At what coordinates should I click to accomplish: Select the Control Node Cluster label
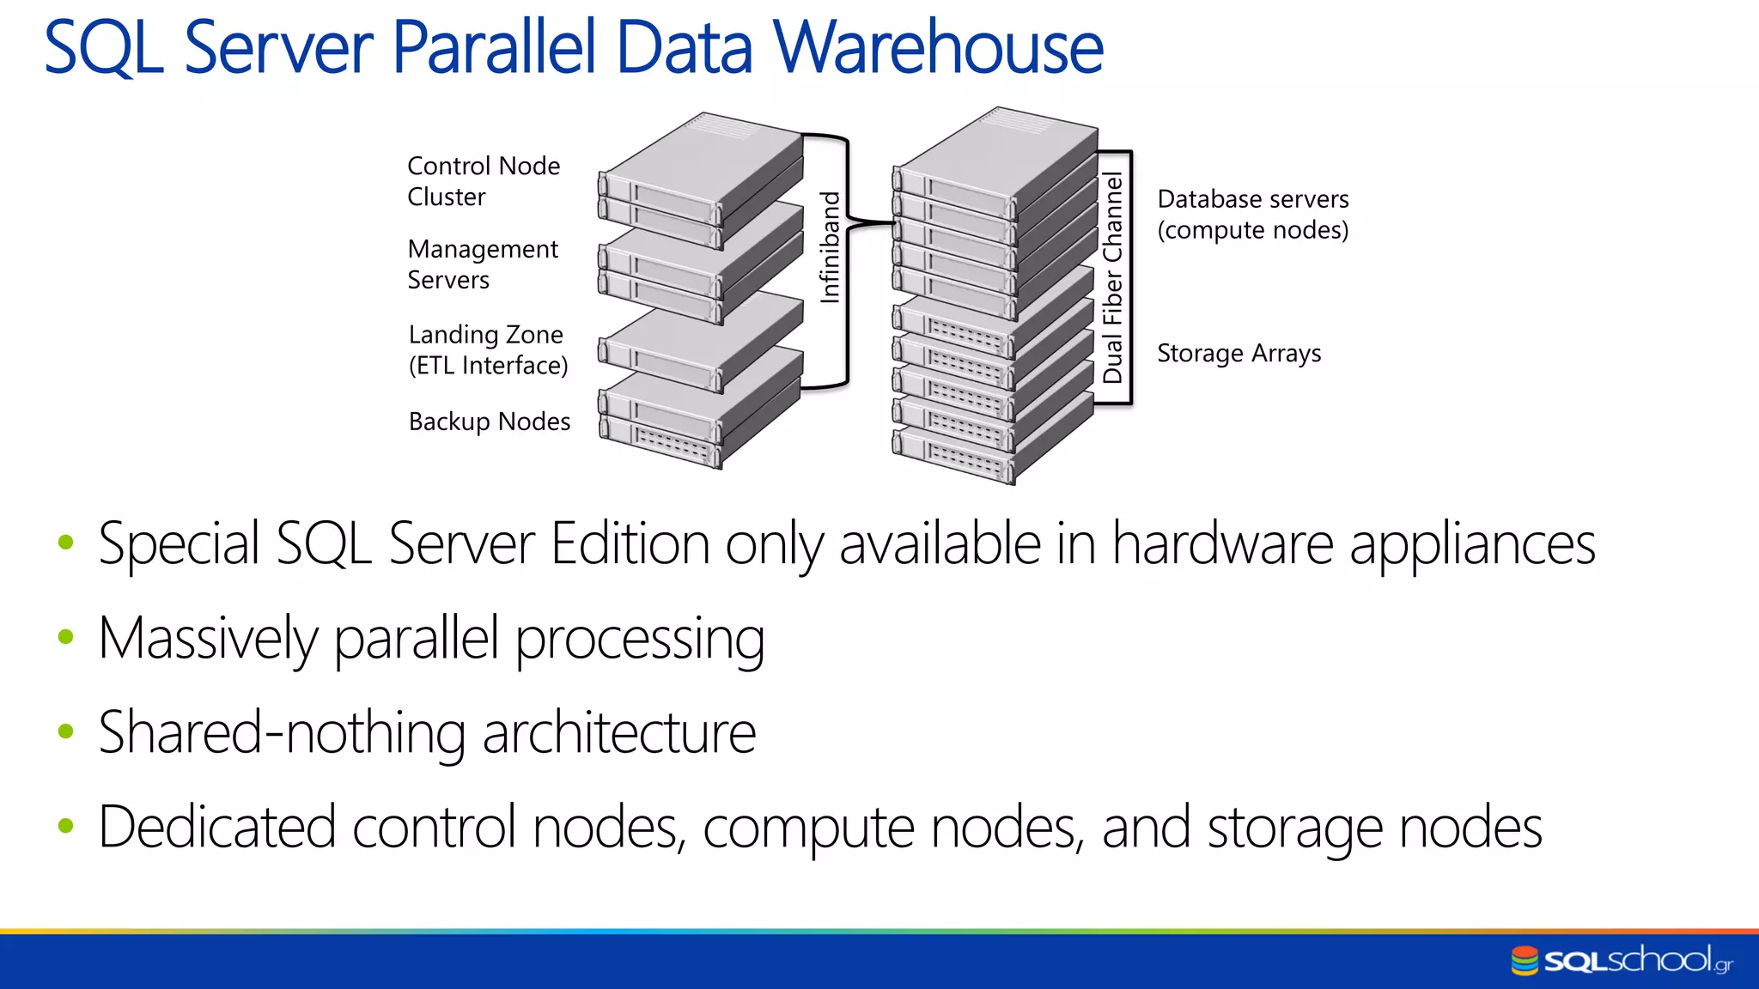(483, 181)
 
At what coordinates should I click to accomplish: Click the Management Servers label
(482, 264)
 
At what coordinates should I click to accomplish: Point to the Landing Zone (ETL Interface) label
(488, 349)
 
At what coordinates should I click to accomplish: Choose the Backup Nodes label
(489, 422)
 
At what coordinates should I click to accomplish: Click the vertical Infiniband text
(830, 247)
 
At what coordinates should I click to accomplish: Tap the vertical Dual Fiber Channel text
(1113, 277)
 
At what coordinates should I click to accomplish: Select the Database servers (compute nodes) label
(1252, 215)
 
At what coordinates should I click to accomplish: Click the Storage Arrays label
(1239, 354)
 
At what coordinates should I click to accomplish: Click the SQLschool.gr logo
(1622, 960)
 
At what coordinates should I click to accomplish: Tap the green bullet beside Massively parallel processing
(66, 637)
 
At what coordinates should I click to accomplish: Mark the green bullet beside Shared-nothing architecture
(66, 731)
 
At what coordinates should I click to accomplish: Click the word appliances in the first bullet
(1472, 546)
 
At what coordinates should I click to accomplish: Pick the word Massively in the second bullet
(208, 640)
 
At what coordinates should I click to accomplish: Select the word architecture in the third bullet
(618, 733)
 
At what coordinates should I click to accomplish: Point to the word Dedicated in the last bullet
(216, 828)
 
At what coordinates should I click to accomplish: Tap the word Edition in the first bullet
(630, 544)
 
